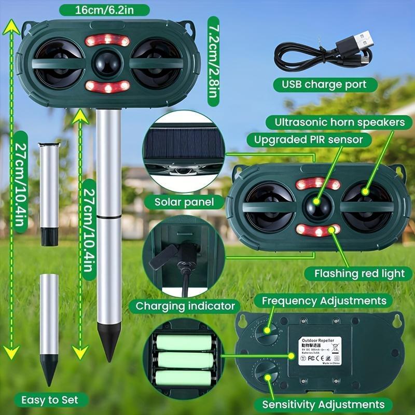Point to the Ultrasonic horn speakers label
[335, 122]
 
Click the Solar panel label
[184, 202]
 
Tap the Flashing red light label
[355, 273]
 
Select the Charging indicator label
[186, 306]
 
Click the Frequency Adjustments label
[324, 300]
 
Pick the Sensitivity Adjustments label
[324, 404]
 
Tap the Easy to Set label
[50, 399]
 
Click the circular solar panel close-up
[182, 151]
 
